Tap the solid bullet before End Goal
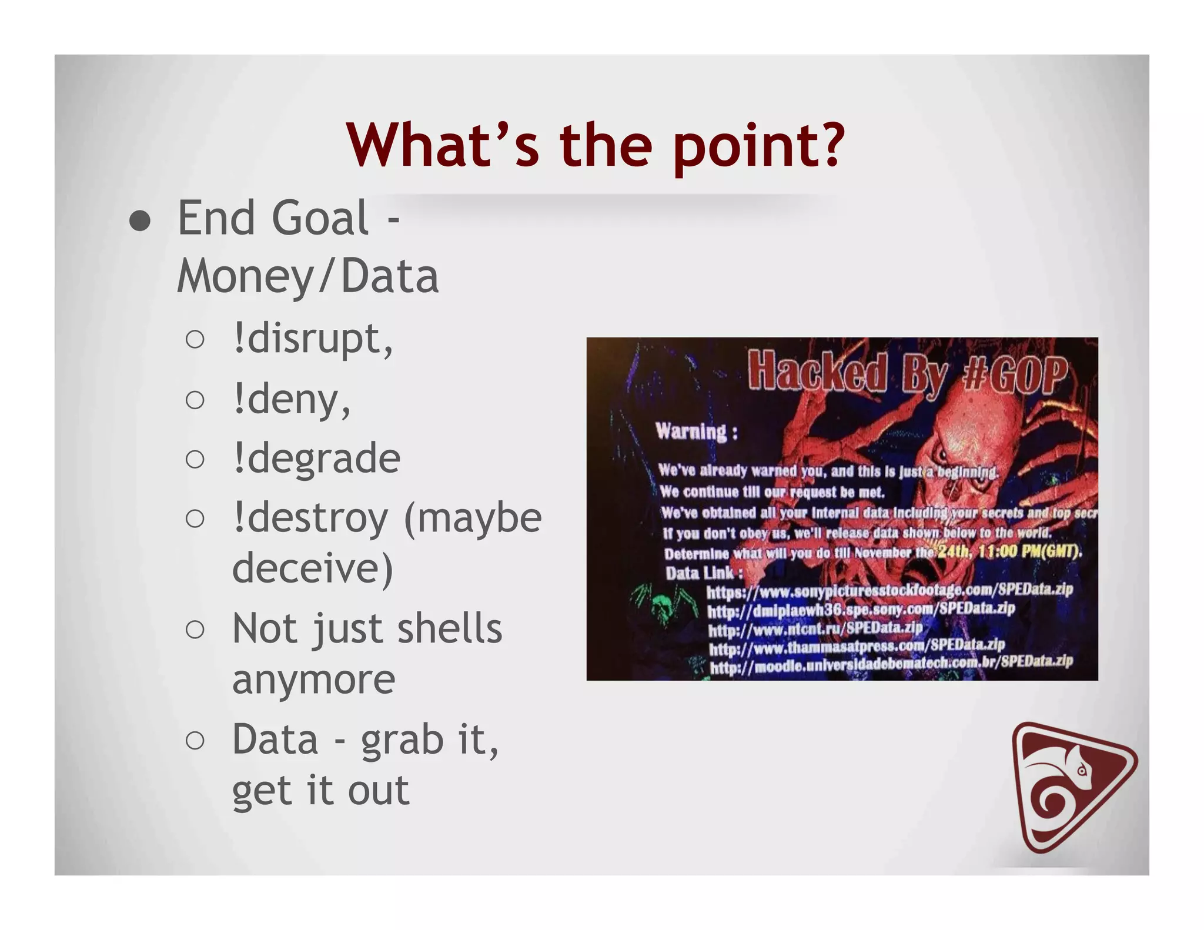pos(140,222)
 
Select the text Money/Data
pos(307,276)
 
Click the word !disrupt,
pos(312,339)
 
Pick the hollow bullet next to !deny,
pos(195,400)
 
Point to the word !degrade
pos(316,459)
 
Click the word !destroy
pos(310,518)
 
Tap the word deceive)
pos(312,568)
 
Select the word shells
pos(450,629)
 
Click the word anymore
pos(313,680)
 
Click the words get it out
pos(320,791)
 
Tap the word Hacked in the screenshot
pos(817,372)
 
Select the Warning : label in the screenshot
pos(696,432)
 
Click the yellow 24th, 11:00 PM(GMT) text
pos(1009,551)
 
